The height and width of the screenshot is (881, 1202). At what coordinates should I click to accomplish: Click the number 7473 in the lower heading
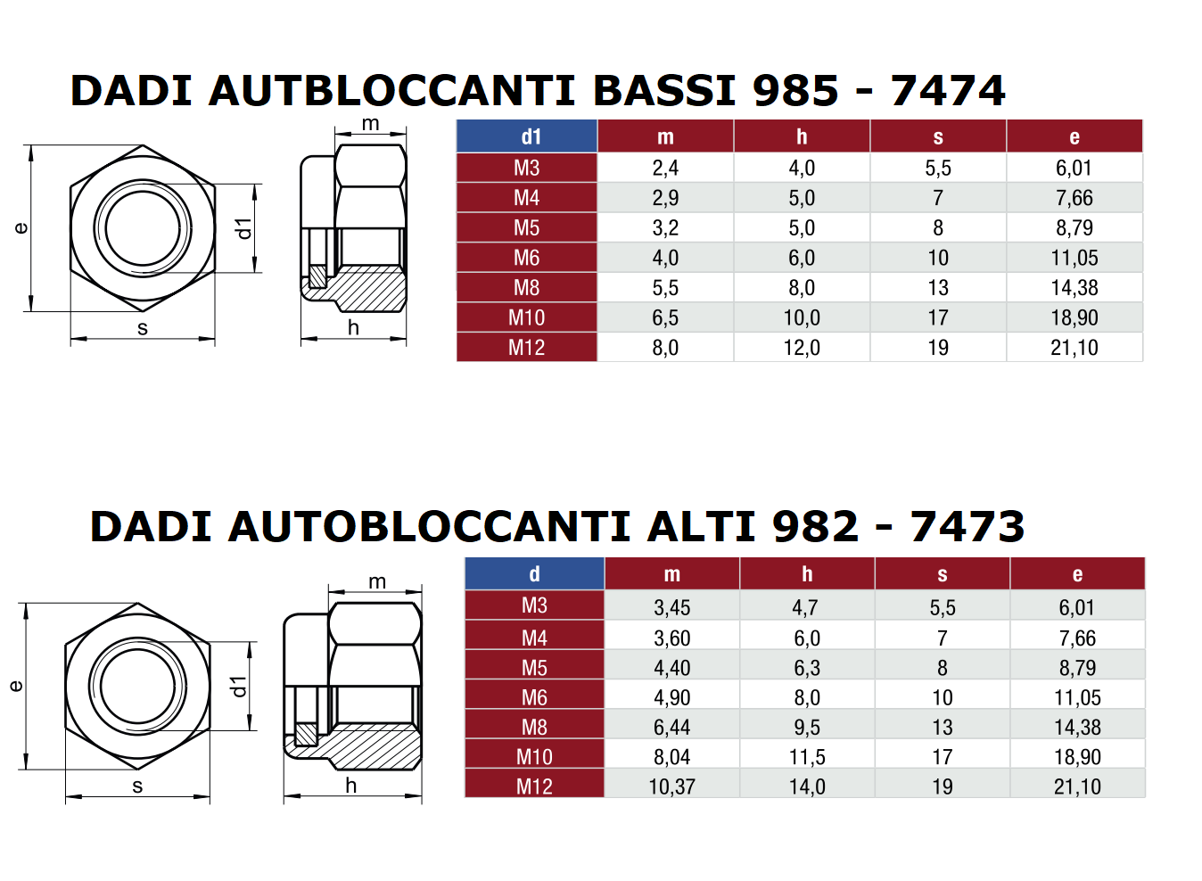coord(967,526)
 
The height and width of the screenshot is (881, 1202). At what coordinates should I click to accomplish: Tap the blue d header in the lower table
coord(534,574)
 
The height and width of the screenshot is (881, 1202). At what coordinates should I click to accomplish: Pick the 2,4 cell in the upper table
coord(665,168)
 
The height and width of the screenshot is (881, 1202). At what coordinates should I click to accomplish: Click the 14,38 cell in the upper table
coord(1074,287)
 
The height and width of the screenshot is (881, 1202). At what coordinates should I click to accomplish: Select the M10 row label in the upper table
coord(526,317)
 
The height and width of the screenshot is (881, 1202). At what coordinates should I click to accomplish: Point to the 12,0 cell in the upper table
coord(802,348)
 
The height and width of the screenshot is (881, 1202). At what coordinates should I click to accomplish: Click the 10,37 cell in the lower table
coord(671,786)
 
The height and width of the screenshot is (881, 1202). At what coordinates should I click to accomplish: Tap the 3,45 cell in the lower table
coord(671,607)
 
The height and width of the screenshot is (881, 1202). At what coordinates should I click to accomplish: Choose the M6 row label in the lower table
coord(534,697)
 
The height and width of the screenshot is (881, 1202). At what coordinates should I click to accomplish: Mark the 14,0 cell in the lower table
coord(807,786)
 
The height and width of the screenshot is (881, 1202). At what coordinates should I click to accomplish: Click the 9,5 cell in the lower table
coord(807,727)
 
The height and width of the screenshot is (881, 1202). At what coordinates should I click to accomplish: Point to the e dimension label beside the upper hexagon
coord(21,228)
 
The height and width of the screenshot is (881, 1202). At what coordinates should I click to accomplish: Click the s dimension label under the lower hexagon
coord(137,786)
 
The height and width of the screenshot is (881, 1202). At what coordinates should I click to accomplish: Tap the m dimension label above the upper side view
coord(371,123)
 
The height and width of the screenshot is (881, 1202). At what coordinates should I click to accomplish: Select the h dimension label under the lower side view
coord(350,786)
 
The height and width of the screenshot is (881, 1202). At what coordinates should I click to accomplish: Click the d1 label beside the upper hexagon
coord(243,228)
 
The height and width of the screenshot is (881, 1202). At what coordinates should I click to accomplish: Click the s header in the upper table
coord(938,136)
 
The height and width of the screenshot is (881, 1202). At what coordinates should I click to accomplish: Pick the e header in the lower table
coord(1077,574)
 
